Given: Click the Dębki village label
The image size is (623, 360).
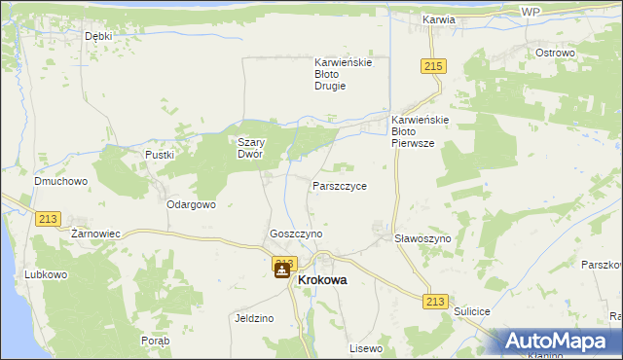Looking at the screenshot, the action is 98,36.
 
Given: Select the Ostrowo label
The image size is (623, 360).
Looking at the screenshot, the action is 556,53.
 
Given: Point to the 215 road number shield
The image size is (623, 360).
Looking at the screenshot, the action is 434,65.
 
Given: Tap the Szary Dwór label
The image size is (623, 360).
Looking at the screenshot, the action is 252,147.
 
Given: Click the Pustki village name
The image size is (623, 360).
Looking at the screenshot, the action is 159,155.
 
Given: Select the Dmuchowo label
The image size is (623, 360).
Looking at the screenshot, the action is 61,181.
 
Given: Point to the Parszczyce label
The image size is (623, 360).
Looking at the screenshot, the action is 339,186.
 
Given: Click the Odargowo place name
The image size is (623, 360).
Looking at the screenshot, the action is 191,205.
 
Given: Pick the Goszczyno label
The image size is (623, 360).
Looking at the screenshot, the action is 296,234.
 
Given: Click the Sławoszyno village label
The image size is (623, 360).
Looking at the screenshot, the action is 422,238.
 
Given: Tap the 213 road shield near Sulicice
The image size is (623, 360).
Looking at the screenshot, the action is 435,302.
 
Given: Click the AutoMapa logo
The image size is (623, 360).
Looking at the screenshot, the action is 559,342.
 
